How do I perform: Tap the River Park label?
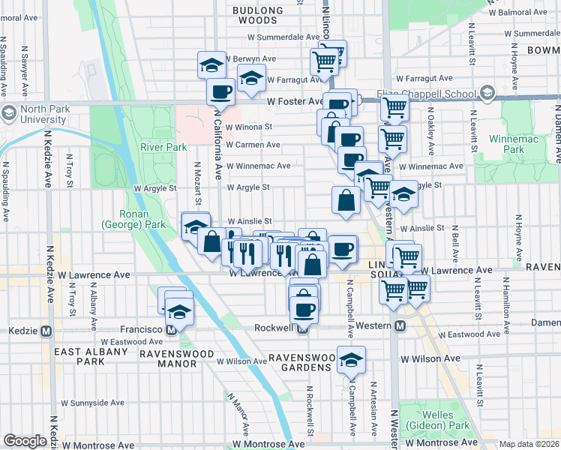162,147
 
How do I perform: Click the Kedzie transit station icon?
46,330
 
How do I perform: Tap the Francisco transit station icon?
172,329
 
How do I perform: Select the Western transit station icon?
400,326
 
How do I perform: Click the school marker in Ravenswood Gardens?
350,359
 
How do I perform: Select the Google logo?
25,441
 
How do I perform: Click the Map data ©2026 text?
529,444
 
